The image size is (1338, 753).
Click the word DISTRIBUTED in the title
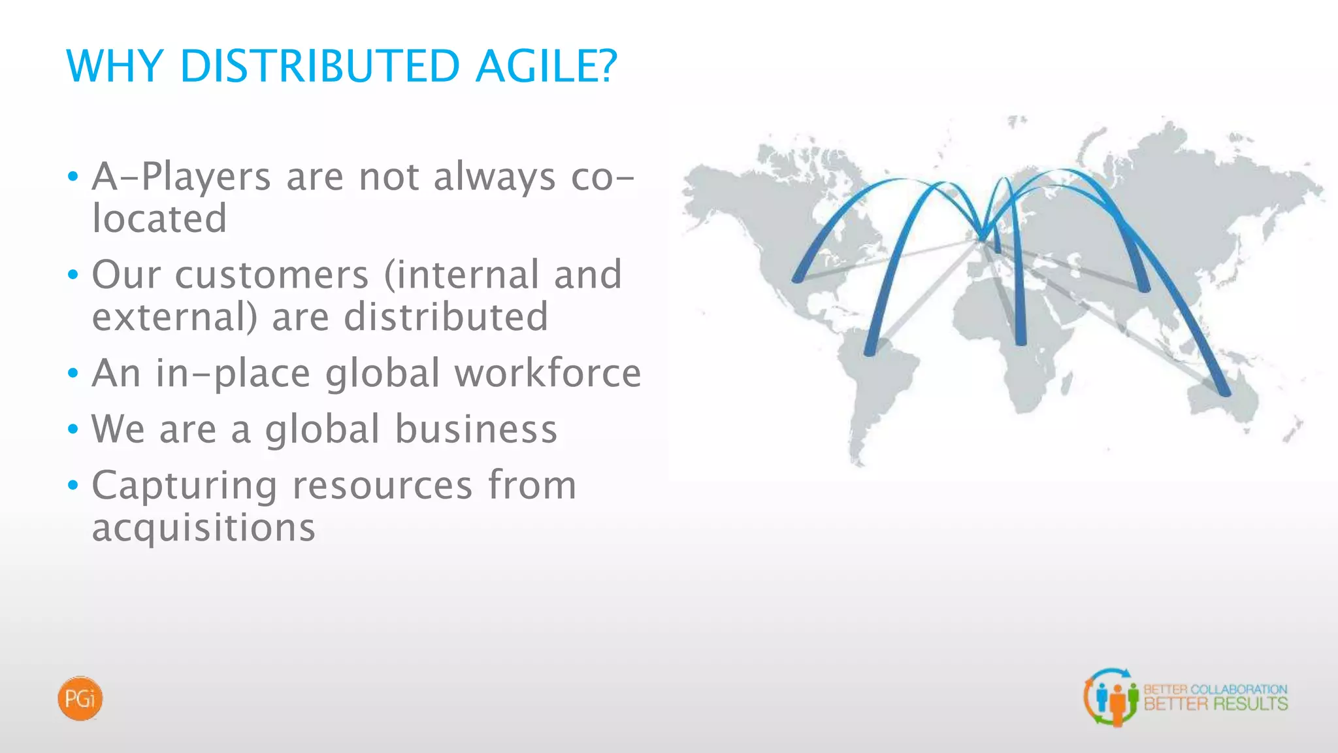319,66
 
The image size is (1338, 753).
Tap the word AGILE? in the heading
546,66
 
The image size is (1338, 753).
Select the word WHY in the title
115,66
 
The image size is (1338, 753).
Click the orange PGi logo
80,699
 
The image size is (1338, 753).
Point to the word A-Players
181,176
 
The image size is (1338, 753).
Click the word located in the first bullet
159,218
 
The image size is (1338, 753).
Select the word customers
272,275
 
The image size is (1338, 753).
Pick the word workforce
547,373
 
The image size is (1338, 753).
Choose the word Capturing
184,486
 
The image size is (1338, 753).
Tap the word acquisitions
203,527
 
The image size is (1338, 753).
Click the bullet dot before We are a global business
73,430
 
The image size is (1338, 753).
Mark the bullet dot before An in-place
73,374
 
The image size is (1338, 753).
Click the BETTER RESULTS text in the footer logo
1215,704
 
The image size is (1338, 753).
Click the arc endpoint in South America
870,352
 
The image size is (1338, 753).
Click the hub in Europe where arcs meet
982,237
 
